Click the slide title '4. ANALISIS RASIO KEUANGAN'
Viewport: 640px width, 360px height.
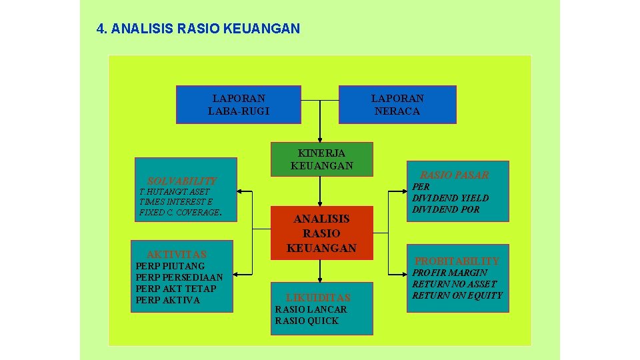[198, 29]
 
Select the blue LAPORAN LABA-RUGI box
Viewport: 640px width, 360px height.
[239, 105]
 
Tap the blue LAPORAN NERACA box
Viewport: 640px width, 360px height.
[397, 105]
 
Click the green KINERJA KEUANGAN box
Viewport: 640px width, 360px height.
[321, 159]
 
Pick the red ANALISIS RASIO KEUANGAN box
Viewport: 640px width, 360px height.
[321, 233]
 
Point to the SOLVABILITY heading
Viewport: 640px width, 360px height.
[182, 181]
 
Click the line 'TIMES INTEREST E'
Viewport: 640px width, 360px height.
[176, 202]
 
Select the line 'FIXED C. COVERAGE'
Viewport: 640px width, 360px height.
[179, 213]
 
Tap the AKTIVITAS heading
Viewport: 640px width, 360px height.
[177, 254]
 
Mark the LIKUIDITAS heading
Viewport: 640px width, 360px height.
[317, 297]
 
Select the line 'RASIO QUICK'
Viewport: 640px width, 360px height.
[307, 321]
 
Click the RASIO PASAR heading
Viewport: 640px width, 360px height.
[454, 175]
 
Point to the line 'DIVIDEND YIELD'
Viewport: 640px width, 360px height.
[450, 198]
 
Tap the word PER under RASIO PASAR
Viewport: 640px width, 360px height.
[421, 187]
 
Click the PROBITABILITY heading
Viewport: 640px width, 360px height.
[457, 261]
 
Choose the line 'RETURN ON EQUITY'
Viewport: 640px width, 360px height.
[457, 295]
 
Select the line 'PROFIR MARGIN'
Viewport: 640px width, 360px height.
[449, 273]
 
